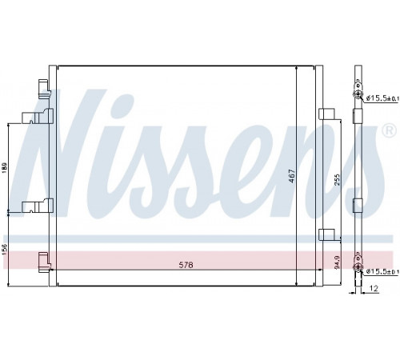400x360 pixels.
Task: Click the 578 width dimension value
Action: pos(186,265)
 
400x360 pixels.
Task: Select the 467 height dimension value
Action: pos(292,176)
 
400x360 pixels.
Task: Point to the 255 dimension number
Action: pos(338,180)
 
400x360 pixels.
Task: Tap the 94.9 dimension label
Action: pos(338,262)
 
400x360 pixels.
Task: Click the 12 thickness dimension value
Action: pos(374,288)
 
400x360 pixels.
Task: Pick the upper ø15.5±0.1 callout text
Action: pos(382,98)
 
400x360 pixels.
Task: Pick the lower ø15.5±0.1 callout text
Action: pos(382,271)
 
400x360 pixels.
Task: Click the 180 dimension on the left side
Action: pos(5,168)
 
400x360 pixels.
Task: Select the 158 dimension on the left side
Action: pos(5,250)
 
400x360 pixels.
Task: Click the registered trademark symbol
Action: pos(389,130)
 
